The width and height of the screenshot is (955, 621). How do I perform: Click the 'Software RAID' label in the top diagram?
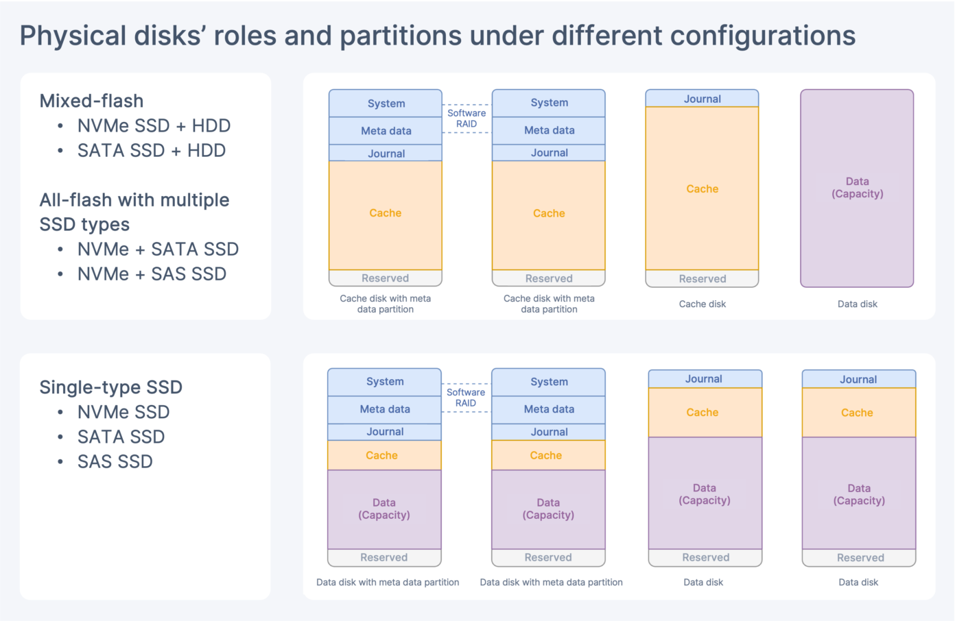[467, 119]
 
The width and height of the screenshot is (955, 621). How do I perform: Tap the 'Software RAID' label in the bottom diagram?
[466, 398]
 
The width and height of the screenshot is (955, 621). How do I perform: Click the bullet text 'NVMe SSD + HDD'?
[154, 126]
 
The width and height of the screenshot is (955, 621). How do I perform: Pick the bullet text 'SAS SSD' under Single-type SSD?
[115, 462]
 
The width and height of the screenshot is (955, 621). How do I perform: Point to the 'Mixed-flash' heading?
[92, 101]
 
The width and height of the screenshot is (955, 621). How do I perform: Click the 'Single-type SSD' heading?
[111, 387]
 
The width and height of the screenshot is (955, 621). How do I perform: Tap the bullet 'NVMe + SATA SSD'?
[158, 249]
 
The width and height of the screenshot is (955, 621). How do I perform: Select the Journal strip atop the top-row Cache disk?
[702, 99]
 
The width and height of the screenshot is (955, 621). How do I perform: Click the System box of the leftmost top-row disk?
[386, 103]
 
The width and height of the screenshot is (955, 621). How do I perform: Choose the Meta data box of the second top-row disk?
[549, 130]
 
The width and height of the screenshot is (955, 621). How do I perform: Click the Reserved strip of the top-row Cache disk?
[702, 279]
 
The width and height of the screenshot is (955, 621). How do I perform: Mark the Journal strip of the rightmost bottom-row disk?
[858, 380]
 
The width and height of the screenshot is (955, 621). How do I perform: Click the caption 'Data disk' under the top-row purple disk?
[857, 304]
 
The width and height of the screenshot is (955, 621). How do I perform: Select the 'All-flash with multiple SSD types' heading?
[134, 212]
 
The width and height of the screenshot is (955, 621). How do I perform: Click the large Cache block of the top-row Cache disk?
[702, 189]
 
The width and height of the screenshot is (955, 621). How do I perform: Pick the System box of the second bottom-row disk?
[549, 382]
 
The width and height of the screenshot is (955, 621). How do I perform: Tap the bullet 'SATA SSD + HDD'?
[152, 151]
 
